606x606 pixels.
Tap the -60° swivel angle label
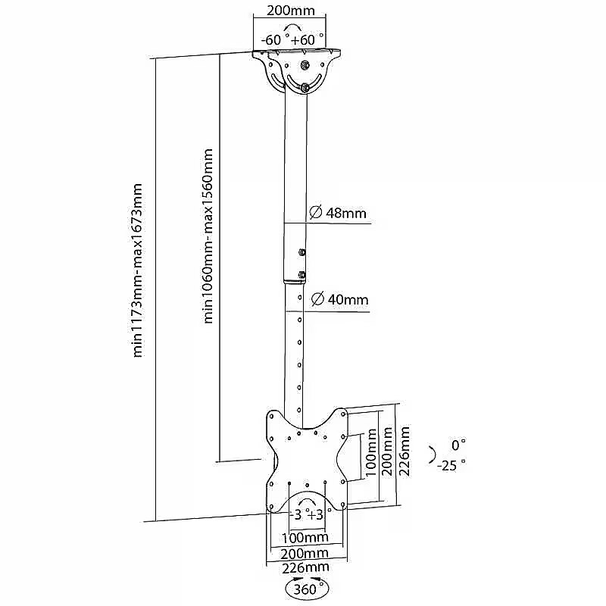273,39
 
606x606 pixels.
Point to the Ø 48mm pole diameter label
337,213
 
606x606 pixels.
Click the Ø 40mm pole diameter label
337,299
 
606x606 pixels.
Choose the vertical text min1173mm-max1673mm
139,270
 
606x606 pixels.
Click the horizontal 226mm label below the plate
305,567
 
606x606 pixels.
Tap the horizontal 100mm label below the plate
305,537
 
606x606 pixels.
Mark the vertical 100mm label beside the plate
371,453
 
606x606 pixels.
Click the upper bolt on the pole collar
302,253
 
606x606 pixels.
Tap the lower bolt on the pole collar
302,275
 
